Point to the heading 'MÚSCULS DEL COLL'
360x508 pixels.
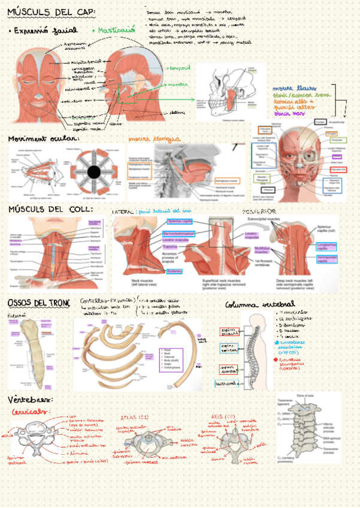pos(50,209)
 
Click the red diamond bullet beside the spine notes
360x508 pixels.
pos(276,360)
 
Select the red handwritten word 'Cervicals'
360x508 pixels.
pos(30,412)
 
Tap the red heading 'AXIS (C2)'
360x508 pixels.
pos(224,416)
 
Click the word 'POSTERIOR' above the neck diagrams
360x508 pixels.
pos(259,212)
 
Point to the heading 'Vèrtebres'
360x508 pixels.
pos(31,399)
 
